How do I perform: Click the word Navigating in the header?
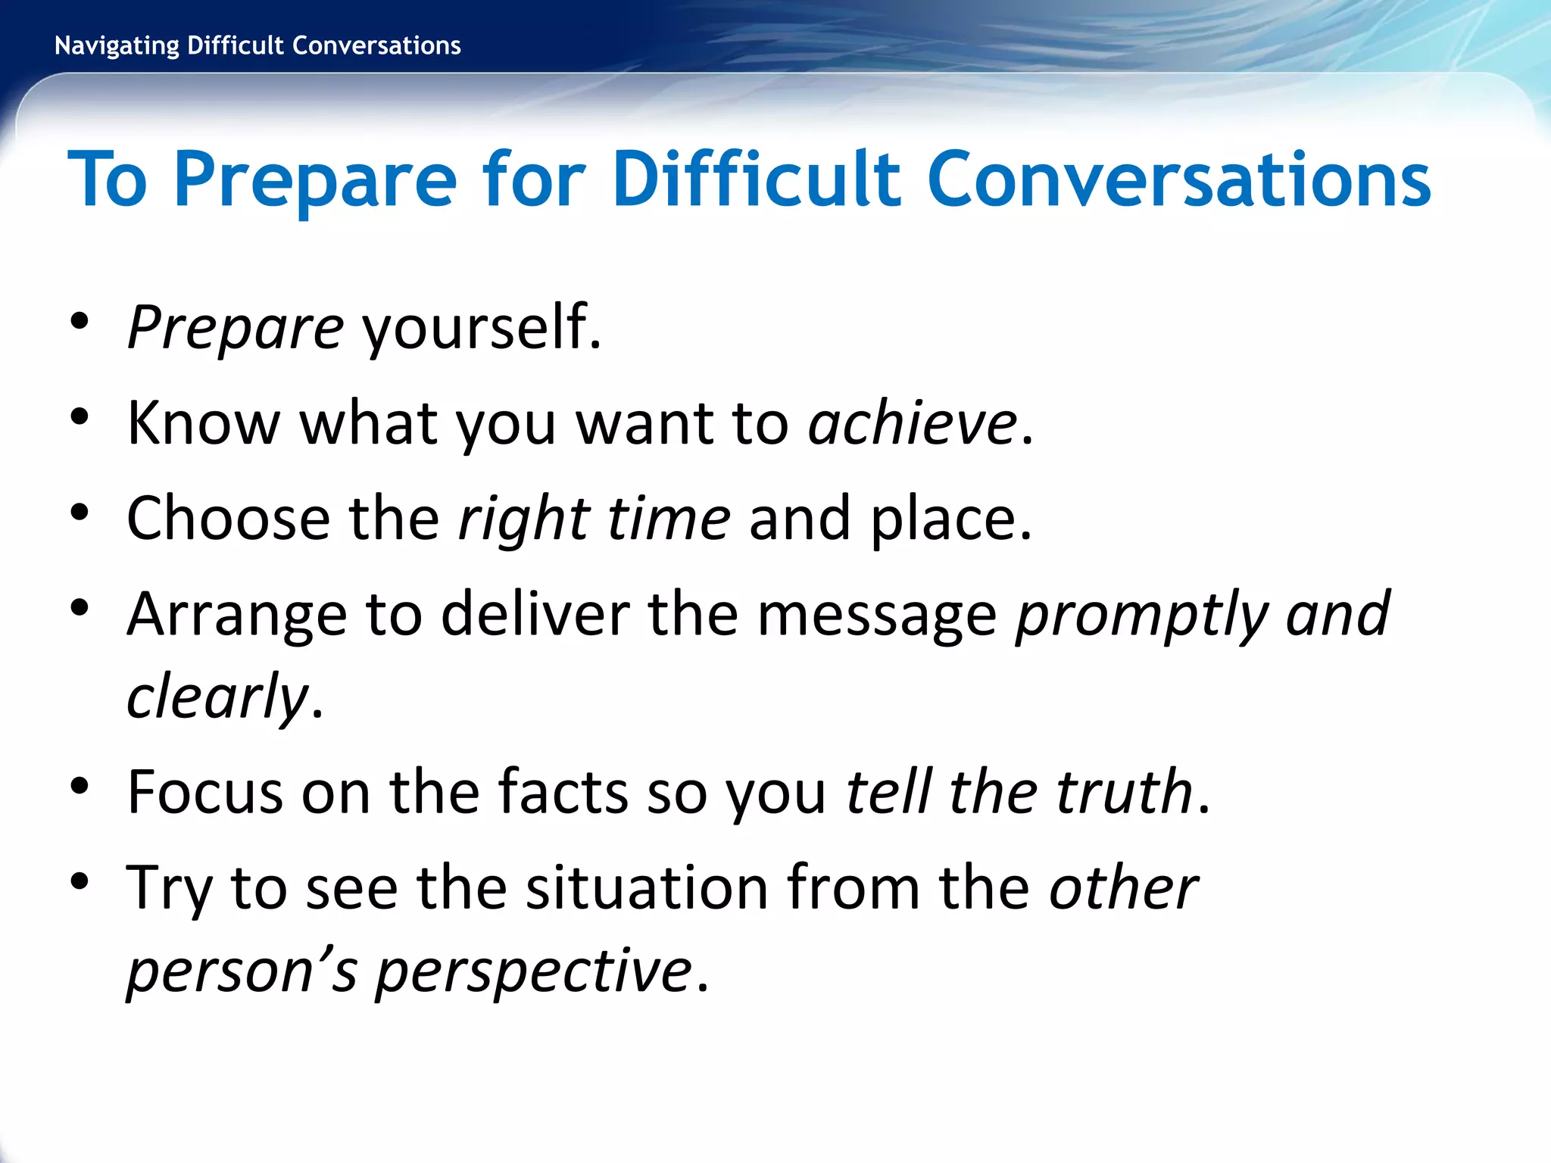tap(117, 46)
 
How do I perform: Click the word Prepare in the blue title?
tap(315, 180)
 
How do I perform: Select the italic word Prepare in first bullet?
tap(236, 329)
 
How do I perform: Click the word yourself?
tap(481, 327)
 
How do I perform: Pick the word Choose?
tap(228, 519)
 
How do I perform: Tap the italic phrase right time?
tap(594, 519)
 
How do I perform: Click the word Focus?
tap(204, 792)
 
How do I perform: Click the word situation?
tap(648, 887)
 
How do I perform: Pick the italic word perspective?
tap(534, 971)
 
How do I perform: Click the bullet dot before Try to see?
tap(80, 881)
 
